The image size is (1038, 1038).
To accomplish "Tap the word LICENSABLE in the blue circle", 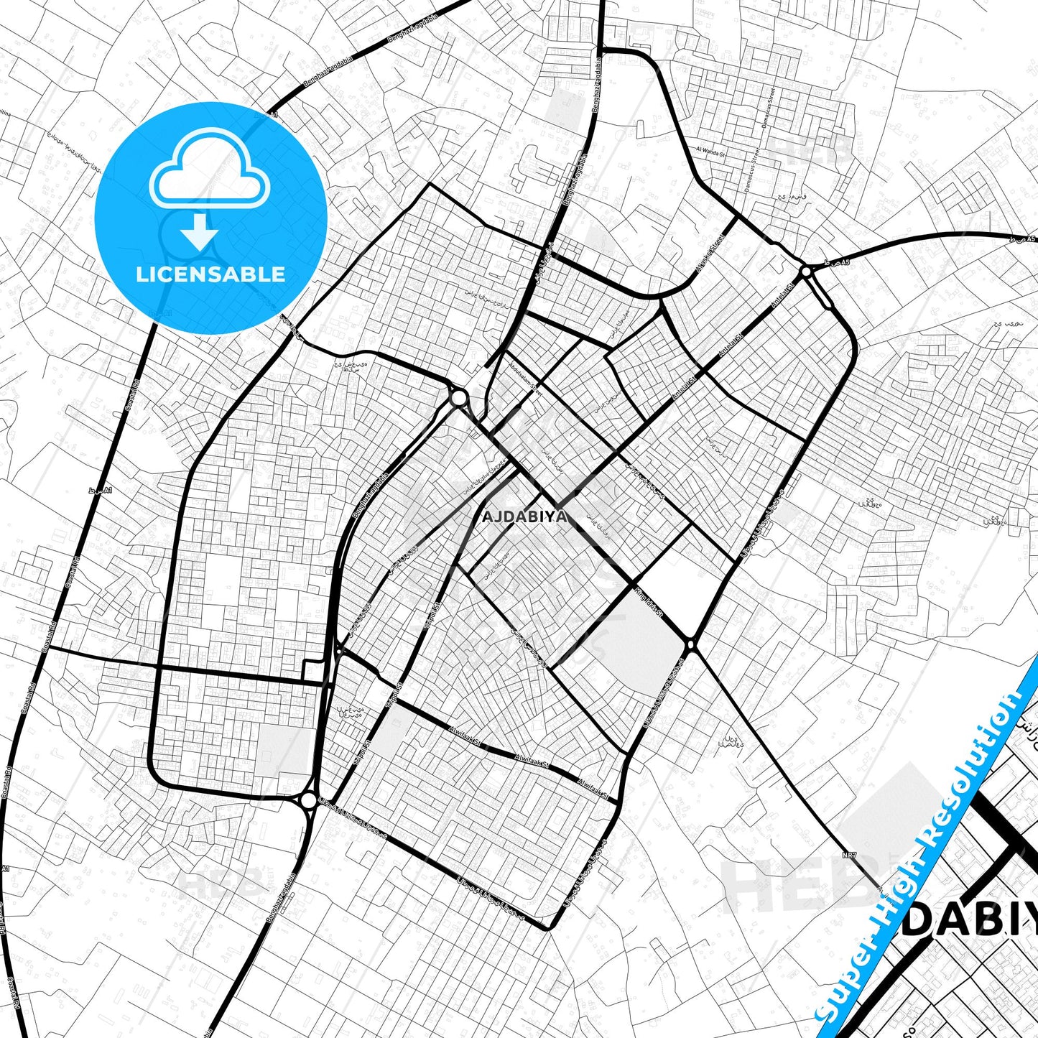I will click(x=210, y=274).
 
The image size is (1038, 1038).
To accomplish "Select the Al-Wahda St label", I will click(x=712, y=151).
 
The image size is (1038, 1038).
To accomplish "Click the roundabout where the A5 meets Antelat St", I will click(x=806, y=272).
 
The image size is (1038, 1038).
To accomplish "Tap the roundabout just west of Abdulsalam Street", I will click(x=458, y=397).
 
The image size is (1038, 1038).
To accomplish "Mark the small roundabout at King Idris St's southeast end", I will click(x=691, y=646).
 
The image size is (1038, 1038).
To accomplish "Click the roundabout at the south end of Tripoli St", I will click(x=308, y=800).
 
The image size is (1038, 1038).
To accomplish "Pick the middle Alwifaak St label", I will click(x=532, y=761).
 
